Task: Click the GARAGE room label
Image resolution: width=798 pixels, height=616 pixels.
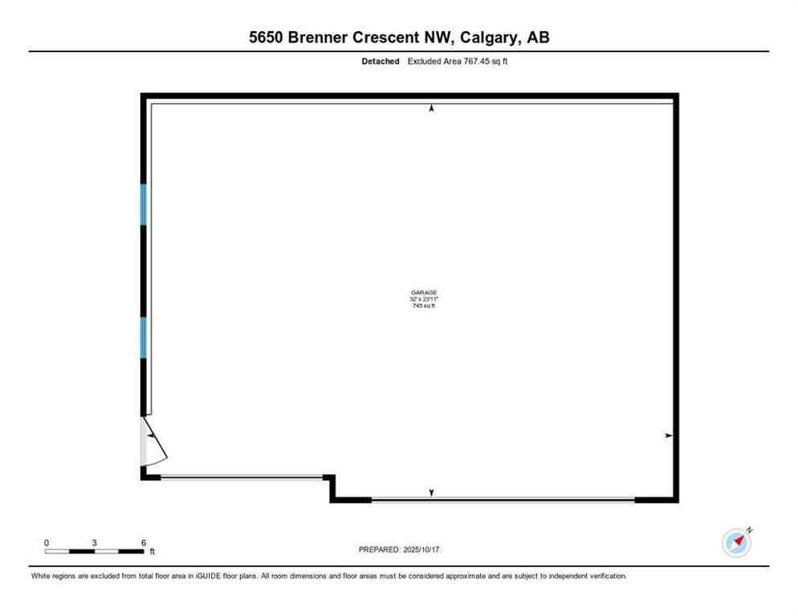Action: (x=424, y=293)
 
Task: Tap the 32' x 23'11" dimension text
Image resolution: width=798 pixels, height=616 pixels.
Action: (x=424, y=299)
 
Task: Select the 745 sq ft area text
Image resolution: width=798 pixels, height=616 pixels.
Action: (x=424, y=306)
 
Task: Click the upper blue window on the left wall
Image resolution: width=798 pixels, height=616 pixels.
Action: (x=144, y=205)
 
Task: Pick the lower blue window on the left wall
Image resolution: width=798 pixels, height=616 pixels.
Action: (x=144, y=338)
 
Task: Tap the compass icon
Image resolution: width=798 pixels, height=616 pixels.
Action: (x=736, y=542)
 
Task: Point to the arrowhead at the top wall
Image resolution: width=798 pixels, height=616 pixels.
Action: (x=432, y=108)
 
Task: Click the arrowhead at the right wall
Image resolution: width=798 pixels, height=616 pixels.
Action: (x=668, y=436)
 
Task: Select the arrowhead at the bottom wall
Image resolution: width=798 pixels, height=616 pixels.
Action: (x=432, y=492)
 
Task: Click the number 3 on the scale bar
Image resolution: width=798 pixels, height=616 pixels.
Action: (x=95, y=543)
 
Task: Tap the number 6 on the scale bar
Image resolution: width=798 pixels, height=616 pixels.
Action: (x=143, y=543)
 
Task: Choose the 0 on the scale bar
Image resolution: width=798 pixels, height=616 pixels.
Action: (x=47, y=543)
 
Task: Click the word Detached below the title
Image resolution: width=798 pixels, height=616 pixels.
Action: (x=381, y=61)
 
